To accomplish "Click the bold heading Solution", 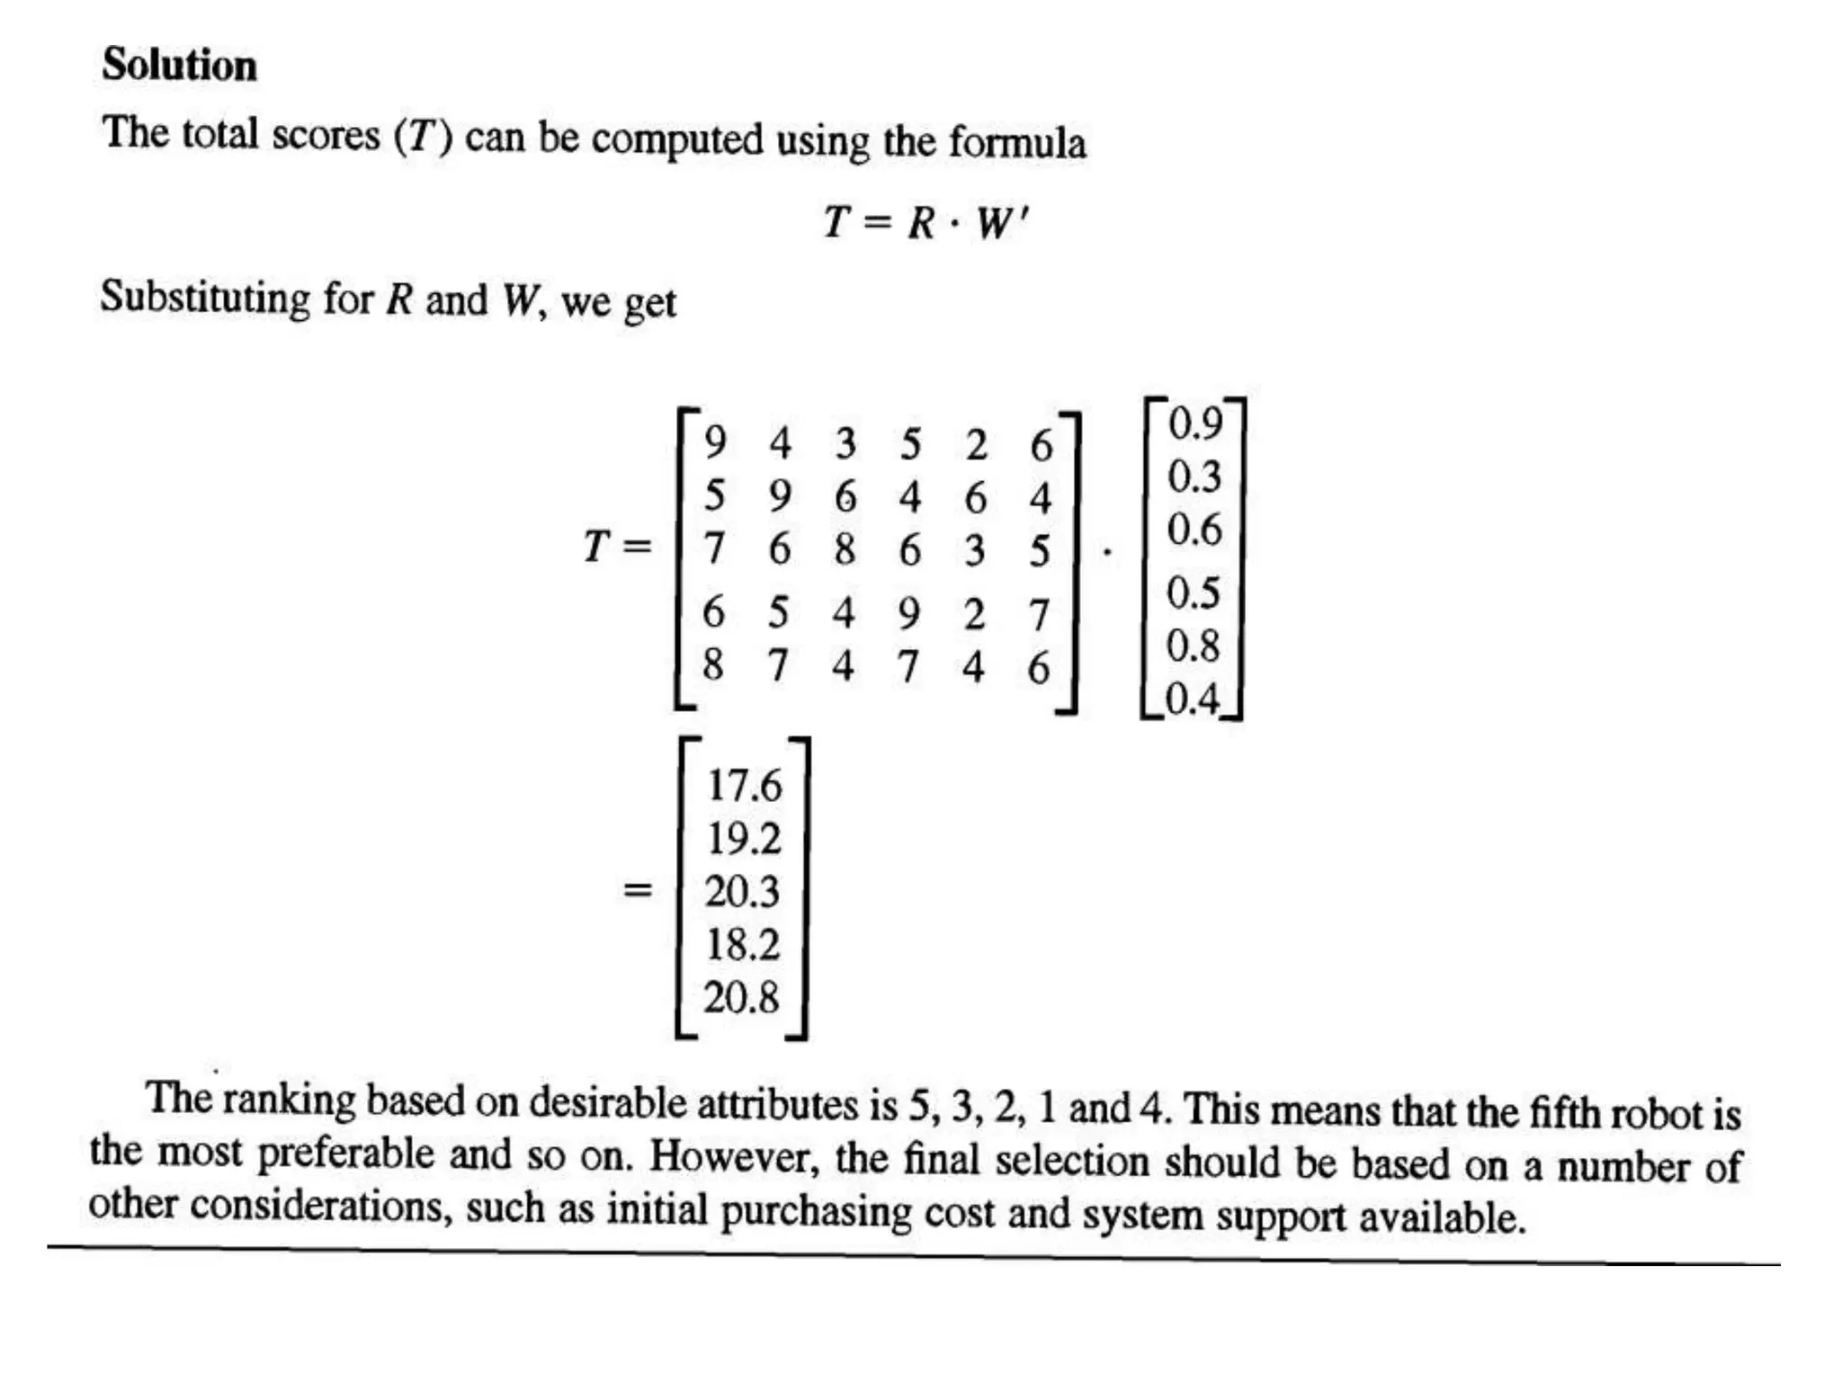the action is (x=179, y=65).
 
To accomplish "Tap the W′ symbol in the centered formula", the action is (x=1001, y=222).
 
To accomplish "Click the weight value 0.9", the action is (x=1195, y=423).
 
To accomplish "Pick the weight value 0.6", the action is (x=1194, y=530).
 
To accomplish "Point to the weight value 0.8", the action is (x=1194, y=646).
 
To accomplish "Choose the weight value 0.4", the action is (x=1193, y=699).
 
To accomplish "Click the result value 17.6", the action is (x=744, y=785).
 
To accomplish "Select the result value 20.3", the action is (x=742, y=891).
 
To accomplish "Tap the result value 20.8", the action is (x=741, y=997).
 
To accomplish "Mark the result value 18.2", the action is (x=742, y=944).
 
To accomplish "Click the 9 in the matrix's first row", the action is (x=715, y=442).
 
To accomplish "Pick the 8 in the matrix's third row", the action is (x=845, y=548).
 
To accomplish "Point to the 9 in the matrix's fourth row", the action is (x=909, y=613).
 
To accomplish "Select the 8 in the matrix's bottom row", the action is (x=713, y=665).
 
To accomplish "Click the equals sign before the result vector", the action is (x=637, y=891).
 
